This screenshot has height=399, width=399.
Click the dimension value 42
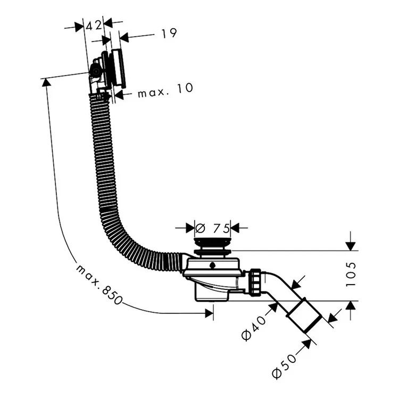click(94, 26)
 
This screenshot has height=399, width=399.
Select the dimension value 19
click(169, 34)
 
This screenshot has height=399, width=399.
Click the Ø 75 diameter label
click(212, 228)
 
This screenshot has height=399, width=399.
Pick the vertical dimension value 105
click(351, 275)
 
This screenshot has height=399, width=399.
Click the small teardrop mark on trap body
click(212, 265)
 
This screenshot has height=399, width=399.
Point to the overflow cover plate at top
click(118, 69)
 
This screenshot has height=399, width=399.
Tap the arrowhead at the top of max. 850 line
click(46, 82)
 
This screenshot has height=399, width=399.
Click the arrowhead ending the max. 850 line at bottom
click(209, 313)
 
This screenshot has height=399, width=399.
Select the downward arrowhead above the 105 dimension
click(351, 246)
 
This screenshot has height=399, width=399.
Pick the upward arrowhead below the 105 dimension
click(351, 305)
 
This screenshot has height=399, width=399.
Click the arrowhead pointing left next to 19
click(124, 38)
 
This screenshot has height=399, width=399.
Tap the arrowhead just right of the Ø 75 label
click(235, 228)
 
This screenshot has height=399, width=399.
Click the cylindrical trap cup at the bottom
click(212, 293)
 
